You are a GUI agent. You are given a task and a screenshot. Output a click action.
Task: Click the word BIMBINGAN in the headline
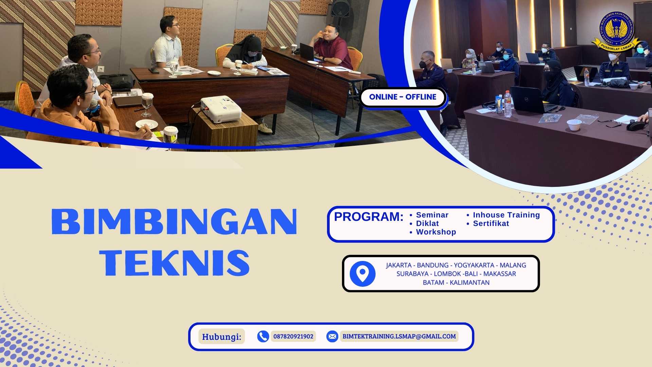point(174,222)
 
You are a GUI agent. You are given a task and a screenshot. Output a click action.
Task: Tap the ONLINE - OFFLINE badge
point(403,97)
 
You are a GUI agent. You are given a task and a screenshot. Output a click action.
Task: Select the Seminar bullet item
point(432,215)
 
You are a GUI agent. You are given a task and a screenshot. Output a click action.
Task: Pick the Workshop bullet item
point(436,232)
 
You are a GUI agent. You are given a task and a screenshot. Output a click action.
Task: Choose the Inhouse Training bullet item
point(506,215)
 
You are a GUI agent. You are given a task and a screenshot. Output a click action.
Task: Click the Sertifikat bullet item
point(491,224)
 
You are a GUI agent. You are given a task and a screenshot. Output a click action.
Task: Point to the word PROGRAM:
point(369,217)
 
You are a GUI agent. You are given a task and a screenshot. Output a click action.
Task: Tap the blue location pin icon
point(363,274)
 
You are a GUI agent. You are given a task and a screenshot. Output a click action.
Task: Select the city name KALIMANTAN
point(470,283)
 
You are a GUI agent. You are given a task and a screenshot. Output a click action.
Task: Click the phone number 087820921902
point(293,336)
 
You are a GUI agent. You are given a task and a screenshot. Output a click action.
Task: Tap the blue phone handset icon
point(263,336)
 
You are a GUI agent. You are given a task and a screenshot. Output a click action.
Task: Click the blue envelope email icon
point(332,336)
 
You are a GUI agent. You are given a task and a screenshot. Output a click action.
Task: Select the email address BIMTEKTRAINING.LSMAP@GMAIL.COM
point(399,336)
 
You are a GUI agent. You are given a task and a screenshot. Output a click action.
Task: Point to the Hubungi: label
point(221,337)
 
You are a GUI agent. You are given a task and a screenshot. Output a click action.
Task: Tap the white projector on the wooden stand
point(221,109)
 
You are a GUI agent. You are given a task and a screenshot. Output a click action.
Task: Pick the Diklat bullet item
point(427,224)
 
